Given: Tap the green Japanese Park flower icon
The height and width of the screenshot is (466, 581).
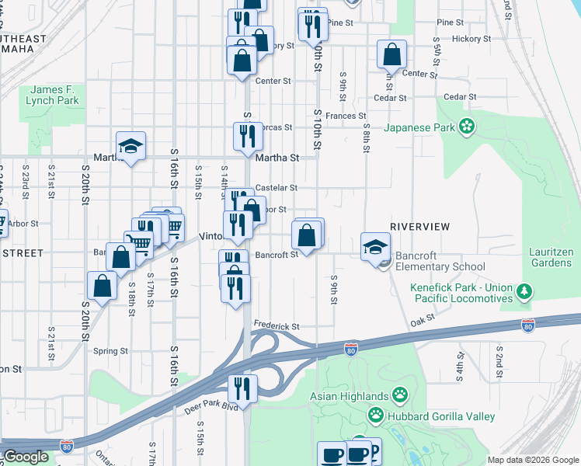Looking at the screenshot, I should [x=466, y=126].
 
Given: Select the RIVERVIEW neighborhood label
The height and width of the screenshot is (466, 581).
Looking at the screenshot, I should [x=419, y=226].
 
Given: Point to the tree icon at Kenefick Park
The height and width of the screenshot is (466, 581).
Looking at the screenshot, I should [x=527, y=292].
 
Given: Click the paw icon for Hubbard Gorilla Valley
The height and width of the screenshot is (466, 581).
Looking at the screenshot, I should [x=376, y=416].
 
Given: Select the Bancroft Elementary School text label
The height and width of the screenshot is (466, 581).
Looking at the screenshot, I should [x=440, y=261].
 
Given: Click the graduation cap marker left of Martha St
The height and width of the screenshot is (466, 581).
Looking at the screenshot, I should [x=131, y=145].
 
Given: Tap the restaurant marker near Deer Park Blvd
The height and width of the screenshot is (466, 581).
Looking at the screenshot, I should [x=242, y=388].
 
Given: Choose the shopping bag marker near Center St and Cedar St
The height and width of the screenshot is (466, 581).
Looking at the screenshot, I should [x=391, y=55].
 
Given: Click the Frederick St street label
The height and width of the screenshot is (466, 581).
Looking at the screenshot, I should [x=276, y=328].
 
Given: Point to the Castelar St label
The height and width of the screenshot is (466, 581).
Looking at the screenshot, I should [x=277, y=188].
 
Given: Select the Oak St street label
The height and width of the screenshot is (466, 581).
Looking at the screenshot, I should [x=422, y=318].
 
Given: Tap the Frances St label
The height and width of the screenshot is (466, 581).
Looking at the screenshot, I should [x=346, y=116].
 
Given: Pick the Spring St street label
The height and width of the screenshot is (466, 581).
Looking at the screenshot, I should [x=110, y=351].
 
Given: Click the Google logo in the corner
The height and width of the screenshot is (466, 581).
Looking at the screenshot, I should [x=26, y=457].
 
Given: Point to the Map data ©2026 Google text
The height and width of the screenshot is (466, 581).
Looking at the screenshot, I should [x=532, y=460].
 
